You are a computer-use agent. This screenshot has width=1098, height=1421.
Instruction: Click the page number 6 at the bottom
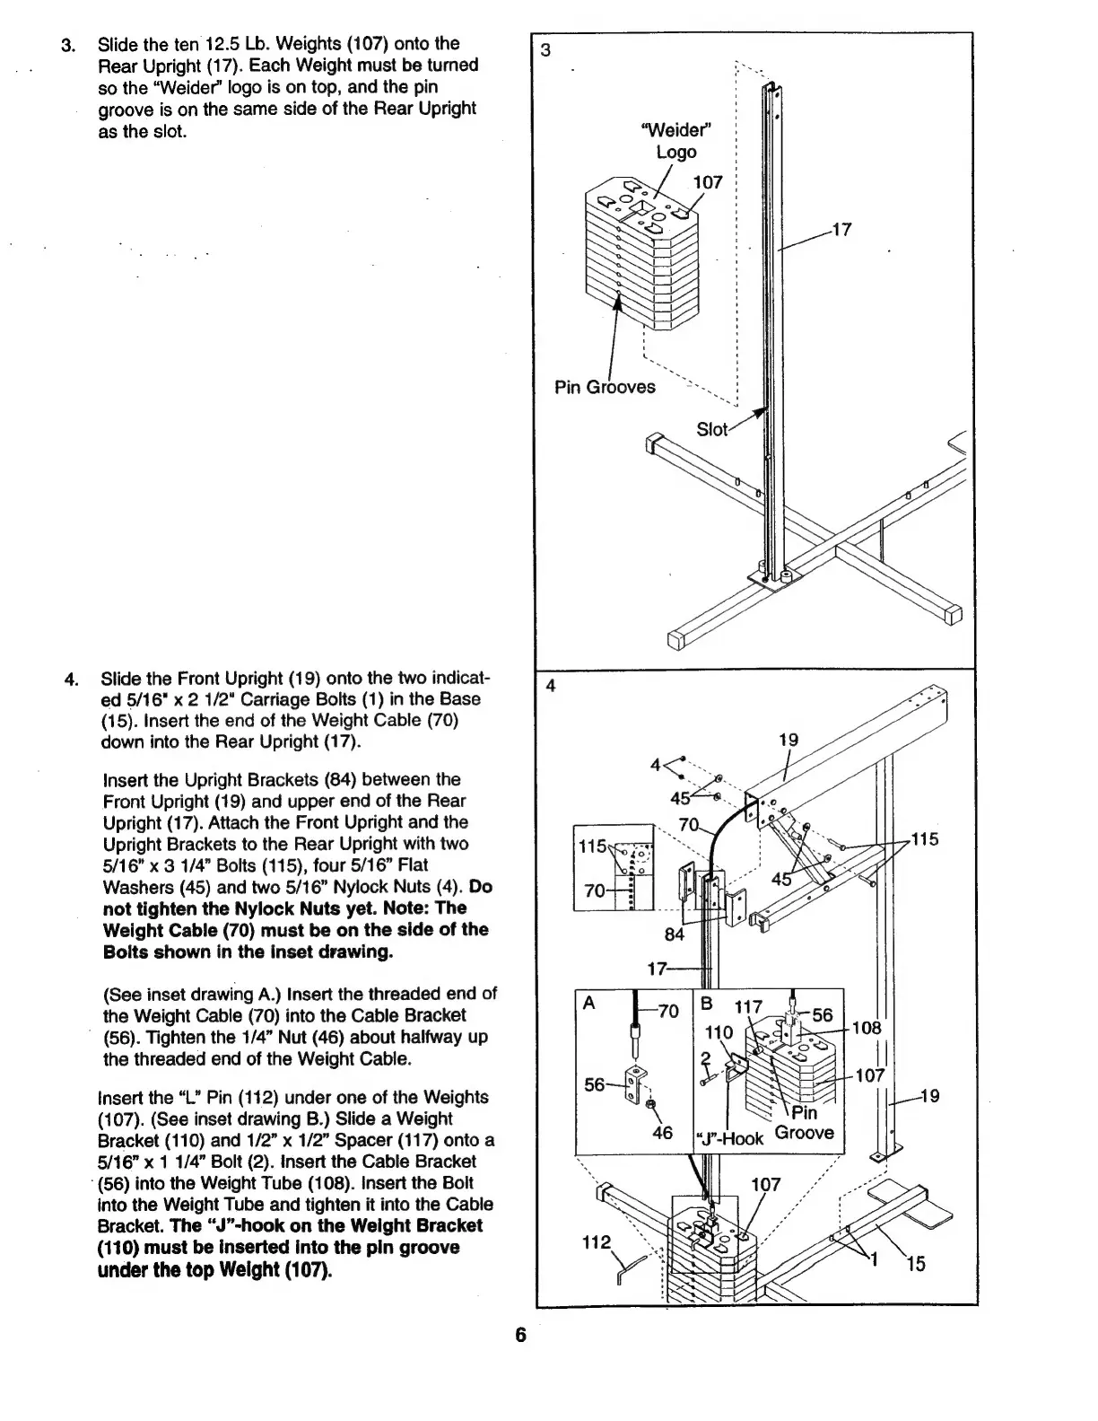[x=521, y=1334]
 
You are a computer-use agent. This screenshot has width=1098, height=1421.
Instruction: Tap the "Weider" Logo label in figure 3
[x=676, y=142]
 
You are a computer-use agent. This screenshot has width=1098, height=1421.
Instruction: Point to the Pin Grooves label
[x=605, y=387]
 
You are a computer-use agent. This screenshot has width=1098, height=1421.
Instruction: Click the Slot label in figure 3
[x=712, y=429]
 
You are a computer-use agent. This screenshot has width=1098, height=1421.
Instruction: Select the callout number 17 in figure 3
[x=841, y=229]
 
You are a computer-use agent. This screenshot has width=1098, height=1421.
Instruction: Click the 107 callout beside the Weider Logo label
[x=708, y=182]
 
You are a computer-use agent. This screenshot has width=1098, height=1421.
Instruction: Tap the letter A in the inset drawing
[x=589, y=1004]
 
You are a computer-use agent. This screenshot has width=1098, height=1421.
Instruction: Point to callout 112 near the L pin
[x=596, y=1242]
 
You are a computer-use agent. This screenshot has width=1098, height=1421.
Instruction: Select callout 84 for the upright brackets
[x=674, y=934]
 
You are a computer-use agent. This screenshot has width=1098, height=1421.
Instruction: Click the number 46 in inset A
[x=662, y=1133]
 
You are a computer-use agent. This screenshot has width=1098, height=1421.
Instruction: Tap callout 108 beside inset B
[x=867, y=1027]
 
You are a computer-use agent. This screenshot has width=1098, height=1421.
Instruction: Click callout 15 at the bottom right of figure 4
[x=915, y=1265]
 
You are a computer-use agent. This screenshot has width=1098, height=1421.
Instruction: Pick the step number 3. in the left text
[x=67, y=44]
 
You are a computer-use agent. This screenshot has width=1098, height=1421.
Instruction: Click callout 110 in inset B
[x=719, y=1032]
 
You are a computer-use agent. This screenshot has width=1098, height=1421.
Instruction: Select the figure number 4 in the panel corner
[x=551, y=686]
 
